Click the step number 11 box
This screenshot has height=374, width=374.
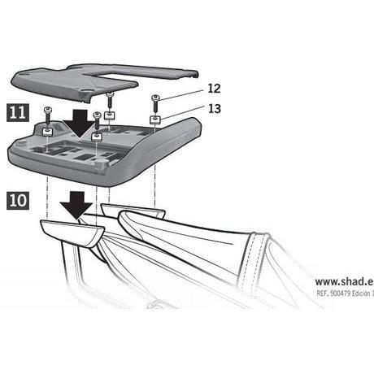click(x=18, y=112)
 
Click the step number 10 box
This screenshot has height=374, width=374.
click(x=18, y=200)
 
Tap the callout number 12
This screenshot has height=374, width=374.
click(x=214, y=89)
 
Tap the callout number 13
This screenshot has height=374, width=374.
click(x=215, y=109)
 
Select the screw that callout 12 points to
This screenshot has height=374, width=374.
click(x=155, y=103)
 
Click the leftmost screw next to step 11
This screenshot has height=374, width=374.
click(x=47, y=115)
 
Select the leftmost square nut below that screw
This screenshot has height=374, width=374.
click(x=48, y=132)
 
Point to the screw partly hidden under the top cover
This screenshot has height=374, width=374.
click(x=110, y=101)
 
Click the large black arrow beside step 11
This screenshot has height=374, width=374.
click(x=79, y=124)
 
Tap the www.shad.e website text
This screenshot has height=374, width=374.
click(x=344, y=281)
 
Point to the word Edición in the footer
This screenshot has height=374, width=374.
click(x=360, y=294)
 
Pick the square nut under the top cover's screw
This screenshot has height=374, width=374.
click(x=110, y=115)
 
